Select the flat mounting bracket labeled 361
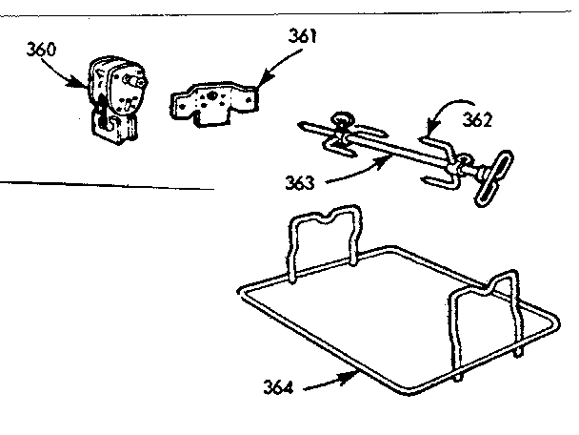point(214,104)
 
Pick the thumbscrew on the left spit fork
point(340,121)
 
